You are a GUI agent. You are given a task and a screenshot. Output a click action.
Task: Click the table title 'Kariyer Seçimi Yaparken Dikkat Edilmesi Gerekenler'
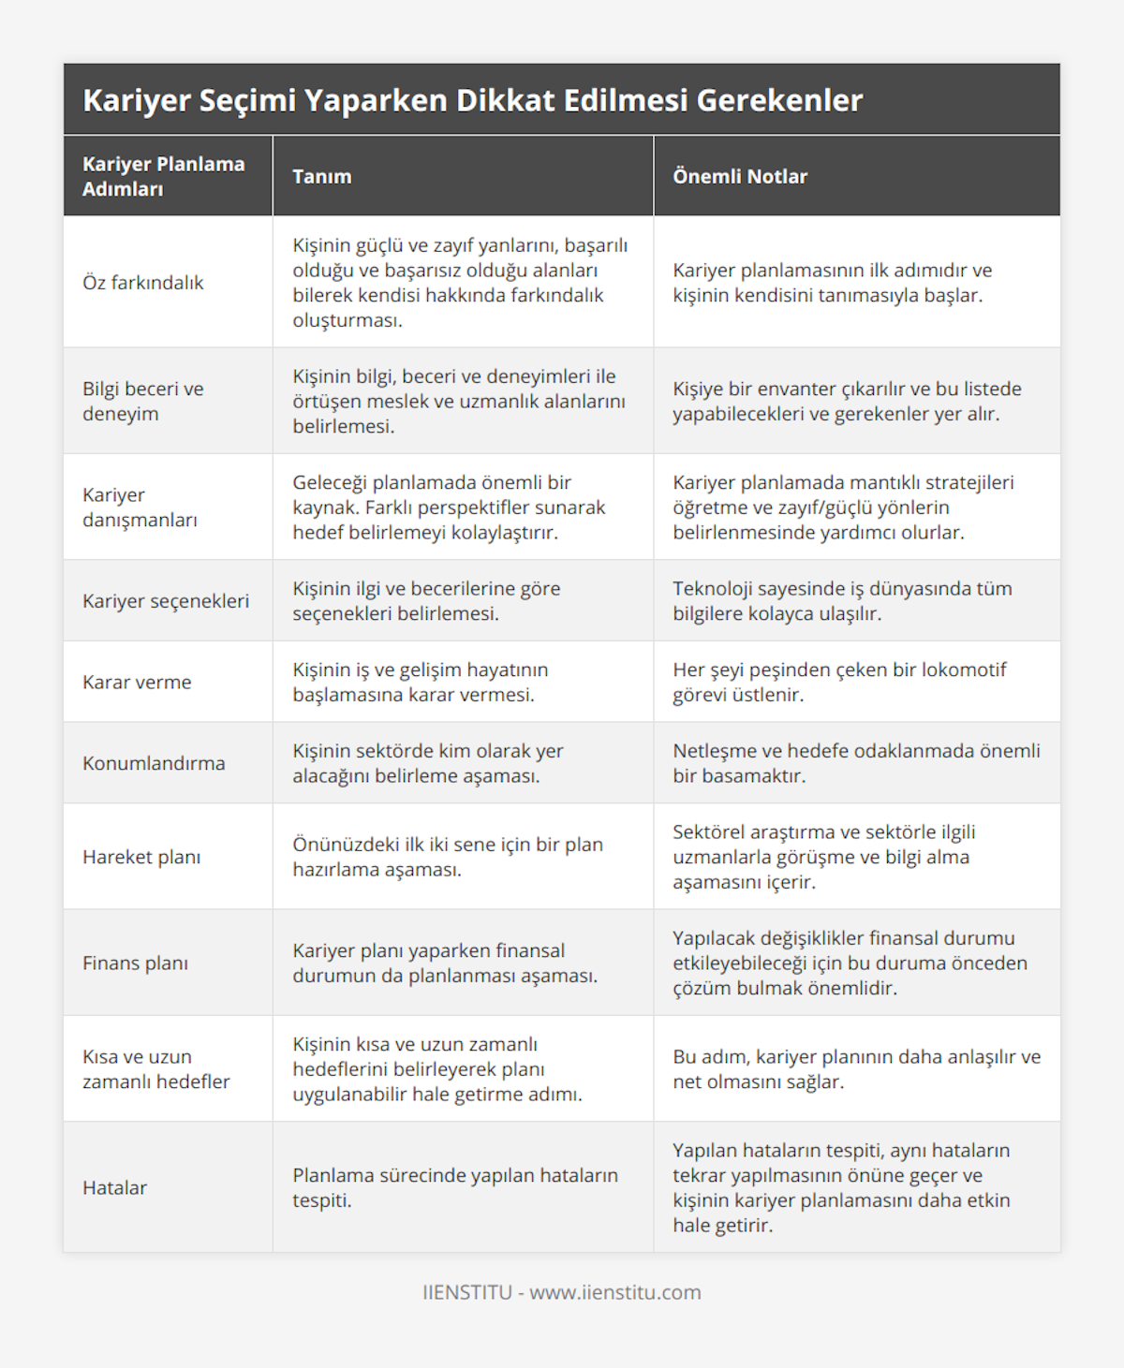pos(472,100)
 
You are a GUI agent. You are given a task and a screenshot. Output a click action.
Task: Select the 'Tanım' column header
pos(322,176)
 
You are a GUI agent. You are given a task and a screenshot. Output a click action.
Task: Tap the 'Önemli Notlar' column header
pos(740,176)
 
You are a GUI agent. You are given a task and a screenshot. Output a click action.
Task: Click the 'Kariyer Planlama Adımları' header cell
pos(164,176)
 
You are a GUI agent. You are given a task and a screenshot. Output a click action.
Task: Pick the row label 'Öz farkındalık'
pos(142,282)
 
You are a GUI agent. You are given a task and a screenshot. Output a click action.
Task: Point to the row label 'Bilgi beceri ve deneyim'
pos(143,401)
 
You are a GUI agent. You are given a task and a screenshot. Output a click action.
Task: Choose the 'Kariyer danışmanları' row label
pos(140,507)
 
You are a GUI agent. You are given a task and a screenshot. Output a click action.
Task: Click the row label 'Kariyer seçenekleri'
pos(166,600)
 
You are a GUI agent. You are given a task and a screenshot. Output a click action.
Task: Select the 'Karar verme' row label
pos(137,682)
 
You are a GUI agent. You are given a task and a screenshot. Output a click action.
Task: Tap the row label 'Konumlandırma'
pos(154,763)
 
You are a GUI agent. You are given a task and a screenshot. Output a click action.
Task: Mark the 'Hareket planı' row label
pos(141,857)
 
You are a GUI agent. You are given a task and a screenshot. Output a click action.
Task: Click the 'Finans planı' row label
pos(135,963)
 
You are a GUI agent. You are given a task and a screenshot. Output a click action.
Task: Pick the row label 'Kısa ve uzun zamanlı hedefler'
pos(156,1068)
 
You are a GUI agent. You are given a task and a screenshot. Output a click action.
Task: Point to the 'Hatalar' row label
pos(115,1187)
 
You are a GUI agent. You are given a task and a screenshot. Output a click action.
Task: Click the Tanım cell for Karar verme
pos(421,682)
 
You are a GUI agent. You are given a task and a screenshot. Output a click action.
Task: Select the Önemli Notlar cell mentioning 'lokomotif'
pos(839,682)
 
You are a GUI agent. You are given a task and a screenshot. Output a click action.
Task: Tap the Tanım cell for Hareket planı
pos(448,857)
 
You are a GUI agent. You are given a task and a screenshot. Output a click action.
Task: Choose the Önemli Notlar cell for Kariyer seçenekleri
pos(842,600)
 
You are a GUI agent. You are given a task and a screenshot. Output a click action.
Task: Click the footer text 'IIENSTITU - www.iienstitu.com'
pos(562,1292)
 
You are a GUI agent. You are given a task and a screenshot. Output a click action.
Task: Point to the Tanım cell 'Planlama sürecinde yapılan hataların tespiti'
pos(455,1187)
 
